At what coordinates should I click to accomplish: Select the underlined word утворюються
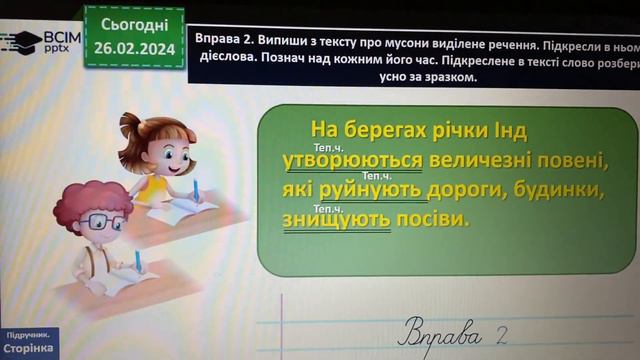[339, 160]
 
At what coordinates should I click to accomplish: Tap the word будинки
[543, 189]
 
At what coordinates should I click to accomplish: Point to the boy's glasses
[104, 221]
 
